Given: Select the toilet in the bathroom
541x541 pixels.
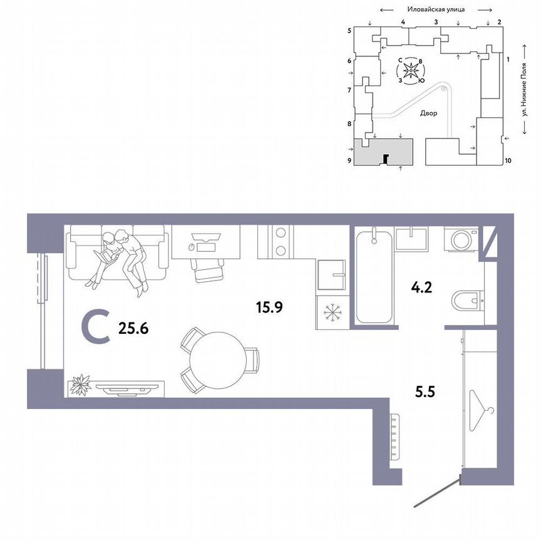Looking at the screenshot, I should pos(468,301).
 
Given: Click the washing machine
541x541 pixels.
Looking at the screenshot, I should pos(461,241).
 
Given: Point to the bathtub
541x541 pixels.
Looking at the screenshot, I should pos(374,276).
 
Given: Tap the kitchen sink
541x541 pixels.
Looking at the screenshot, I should pos(331,274).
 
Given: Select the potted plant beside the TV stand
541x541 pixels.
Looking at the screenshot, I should pos(80,384).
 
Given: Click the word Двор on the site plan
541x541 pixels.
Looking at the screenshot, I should pos(429,114).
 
